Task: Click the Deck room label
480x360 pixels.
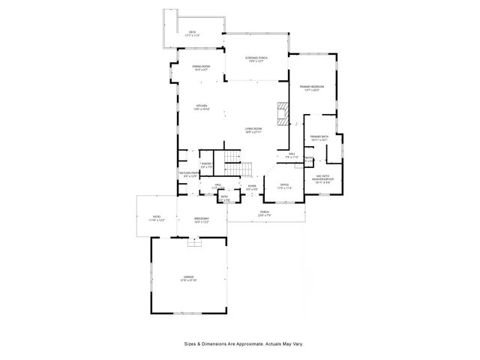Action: tap(192, 34)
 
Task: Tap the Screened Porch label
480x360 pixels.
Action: tap(257, 60)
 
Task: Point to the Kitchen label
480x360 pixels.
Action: tap(202, 107)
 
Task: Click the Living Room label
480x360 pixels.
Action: tap(253, 130)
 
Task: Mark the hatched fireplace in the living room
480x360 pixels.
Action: tap(282, 114)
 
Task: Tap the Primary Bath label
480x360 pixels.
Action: tap(319, 138)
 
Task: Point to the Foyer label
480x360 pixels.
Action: tap(252, 187)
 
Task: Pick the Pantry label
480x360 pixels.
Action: tap(207, 165)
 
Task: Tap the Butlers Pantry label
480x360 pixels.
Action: tap(188, 175)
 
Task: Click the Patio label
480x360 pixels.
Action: tap(156, 217)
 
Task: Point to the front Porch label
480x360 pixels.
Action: tap(265, 214)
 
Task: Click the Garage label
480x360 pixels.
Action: tap(187, 278)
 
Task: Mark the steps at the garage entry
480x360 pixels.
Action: tap(194, 241)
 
